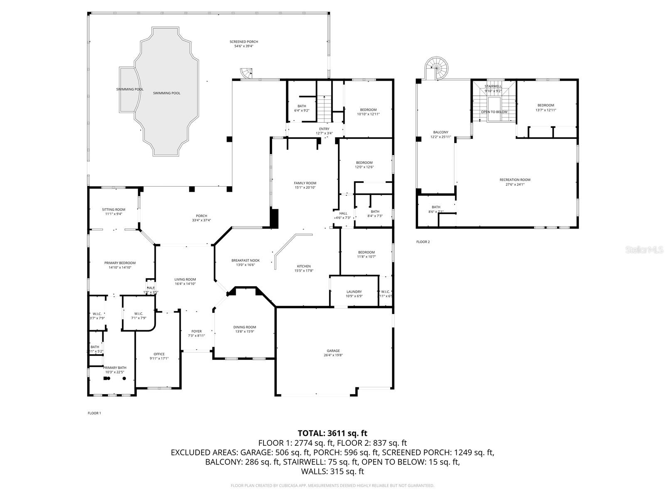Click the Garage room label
(x=333, y=351)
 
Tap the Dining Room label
(x=244, y=327)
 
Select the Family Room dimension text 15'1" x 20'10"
(x=305, y=188)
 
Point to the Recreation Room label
(x=515, y=180)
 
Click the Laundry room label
(x=354, y=291)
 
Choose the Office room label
(x=159, y=354)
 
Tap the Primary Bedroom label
(x=120, y=263)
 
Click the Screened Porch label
(x=244, y=42)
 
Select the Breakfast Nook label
(x=245, y=260)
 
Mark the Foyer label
(x=197, y=331)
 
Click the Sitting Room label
(x=113, y=210)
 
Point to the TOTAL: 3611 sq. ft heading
(x=332, y=433)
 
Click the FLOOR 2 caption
(x=423, y=242)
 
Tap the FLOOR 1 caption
(x=94, y=413)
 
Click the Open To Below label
(x=494, y=112)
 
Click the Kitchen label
(x=303, y=266)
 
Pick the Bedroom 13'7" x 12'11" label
(x=545, y=105)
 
